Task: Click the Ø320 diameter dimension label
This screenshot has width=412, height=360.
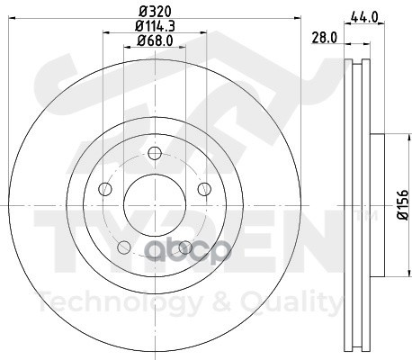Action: click(156, 12)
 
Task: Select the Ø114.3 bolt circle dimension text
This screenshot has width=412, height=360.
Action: click(155, 26)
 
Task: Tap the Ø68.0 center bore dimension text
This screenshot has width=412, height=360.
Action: click(155, 40)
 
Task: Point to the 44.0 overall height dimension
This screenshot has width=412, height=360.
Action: click(364, 17)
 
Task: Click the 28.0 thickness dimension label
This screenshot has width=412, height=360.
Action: click(325, 38)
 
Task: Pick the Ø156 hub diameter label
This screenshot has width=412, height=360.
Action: click(403, 204)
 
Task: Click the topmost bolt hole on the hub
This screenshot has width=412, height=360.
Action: click(155, 154)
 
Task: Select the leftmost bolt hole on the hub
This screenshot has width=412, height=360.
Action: click(105, 189)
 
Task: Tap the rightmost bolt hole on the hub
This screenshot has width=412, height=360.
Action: click(204, 189)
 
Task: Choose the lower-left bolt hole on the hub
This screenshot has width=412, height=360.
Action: click(124, 247)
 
